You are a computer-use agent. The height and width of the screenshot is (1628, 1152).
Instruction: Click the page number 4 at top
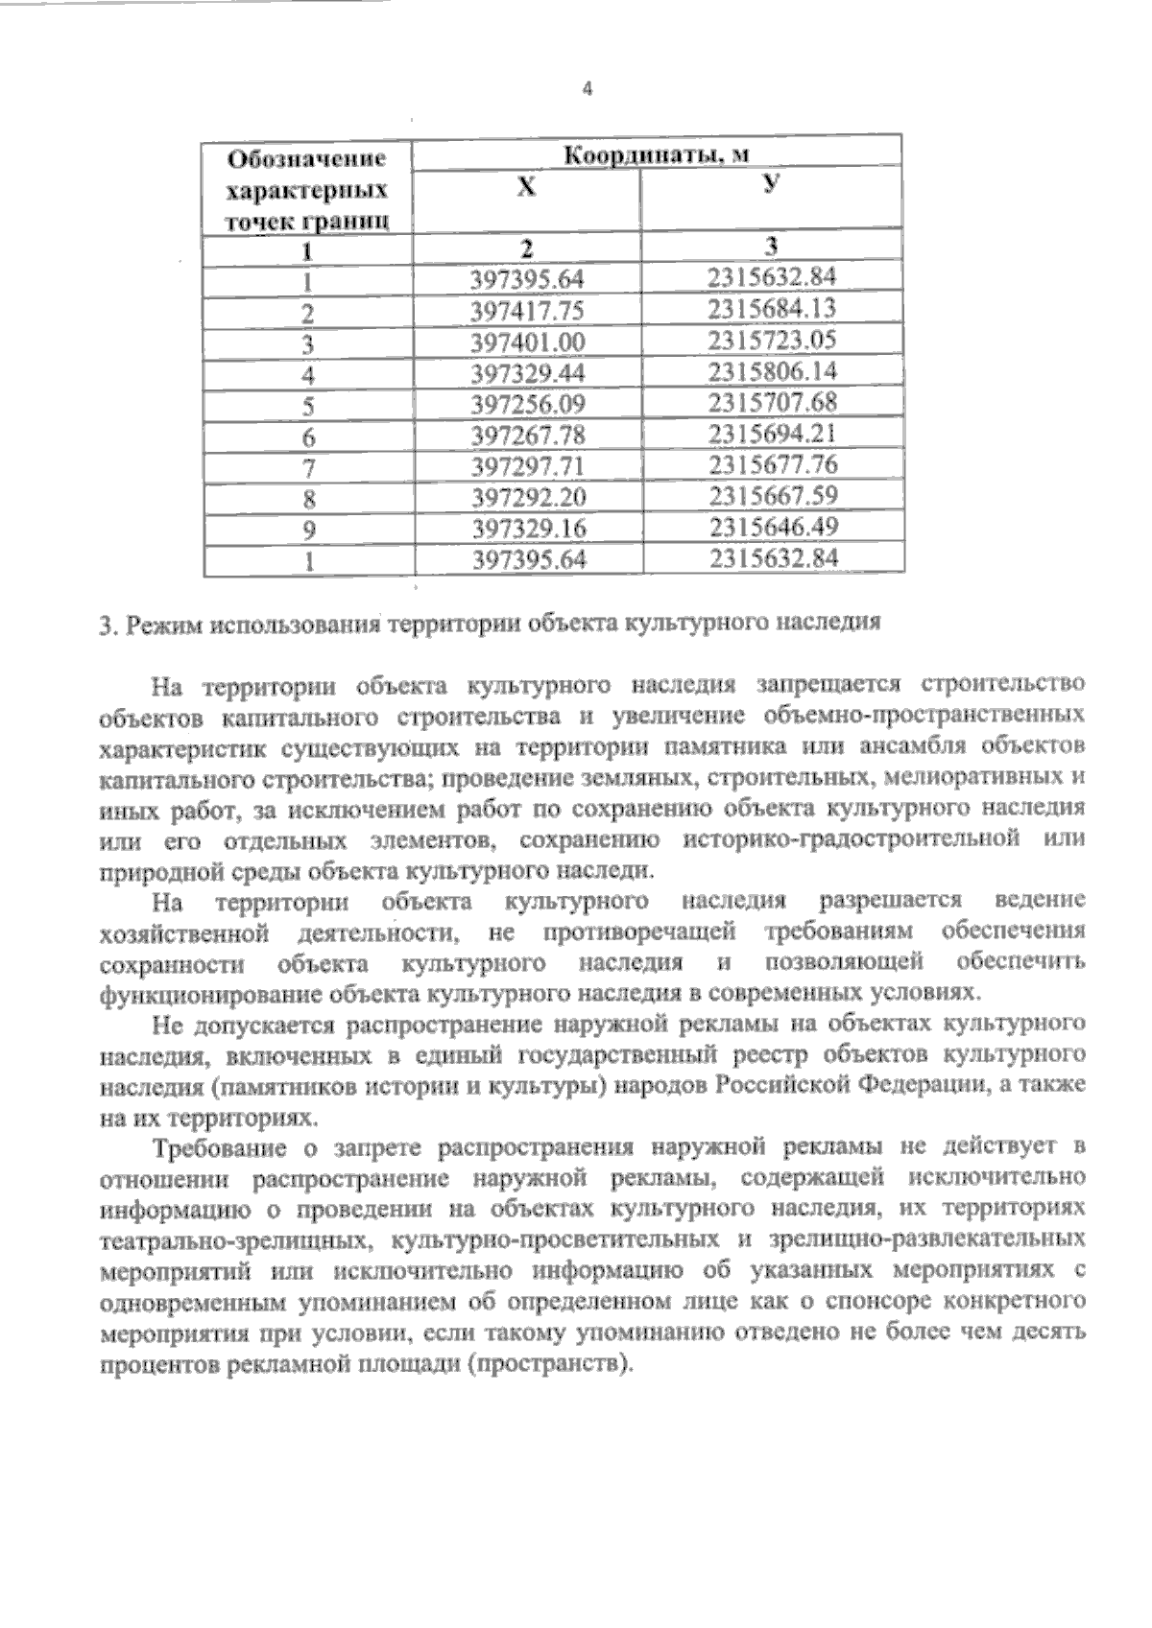tap(588, 90)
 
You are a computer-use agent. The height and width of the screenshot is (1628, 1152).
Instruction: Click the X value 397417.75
tap(528, 312)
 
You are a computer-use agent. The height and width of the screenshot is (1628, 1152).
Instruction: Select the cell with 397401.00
tap(528, 342)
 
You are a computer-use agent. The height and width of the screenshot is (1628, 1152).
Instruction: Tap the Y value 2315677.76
tap(773, 464)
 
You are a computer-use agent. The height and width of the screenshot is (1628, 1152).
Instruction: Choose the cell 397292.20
tap(528, 497)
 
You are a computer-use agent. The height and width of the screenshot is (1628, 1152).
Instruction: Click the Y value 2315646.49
tap(773, 527)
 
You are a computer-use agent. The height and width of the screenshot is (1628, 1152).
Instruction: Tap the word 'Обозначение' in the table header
tap(306, 157)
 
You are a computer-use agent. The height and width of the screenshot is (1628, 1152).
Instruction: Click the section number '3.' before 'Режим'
tap(108, 625)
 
